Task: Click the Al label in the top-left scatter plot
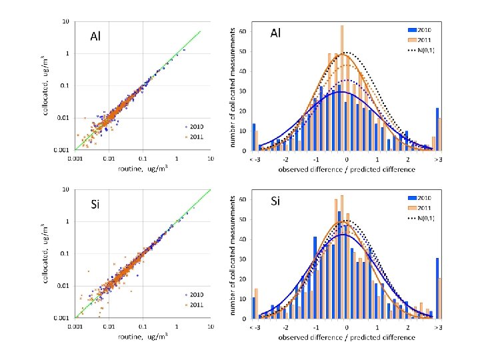95,37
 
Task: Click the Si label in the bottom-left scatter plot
95,204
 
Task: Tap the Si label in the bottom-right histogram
277,200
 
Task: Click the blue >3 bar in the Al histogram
437,129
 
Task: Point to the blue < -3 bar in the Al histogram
253,137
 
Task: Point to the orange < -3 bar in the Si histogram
257,303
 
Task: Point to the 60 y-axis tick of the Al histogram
243,31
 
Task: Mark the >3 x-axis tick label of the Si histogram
438,328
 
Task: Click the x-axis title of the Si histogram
347,337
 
